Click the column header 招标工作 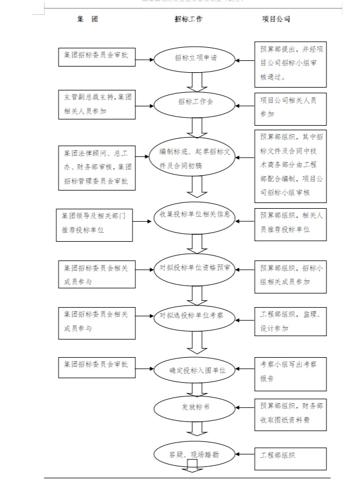tap(188, 19)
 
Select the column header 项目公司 tap(276, 19)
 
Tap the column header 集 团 tap(87, 19)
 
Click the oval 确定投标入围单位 tap(193, 370)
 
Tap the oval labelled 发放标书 tap(193, 407)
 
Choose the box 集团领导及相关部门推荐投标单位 tap(94, 224)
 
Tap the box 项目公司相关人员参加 tap(291, 106)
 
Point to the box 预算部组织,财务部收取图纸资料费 tap(291, 415)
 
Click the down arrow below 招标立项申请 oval tap(197, 82)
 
